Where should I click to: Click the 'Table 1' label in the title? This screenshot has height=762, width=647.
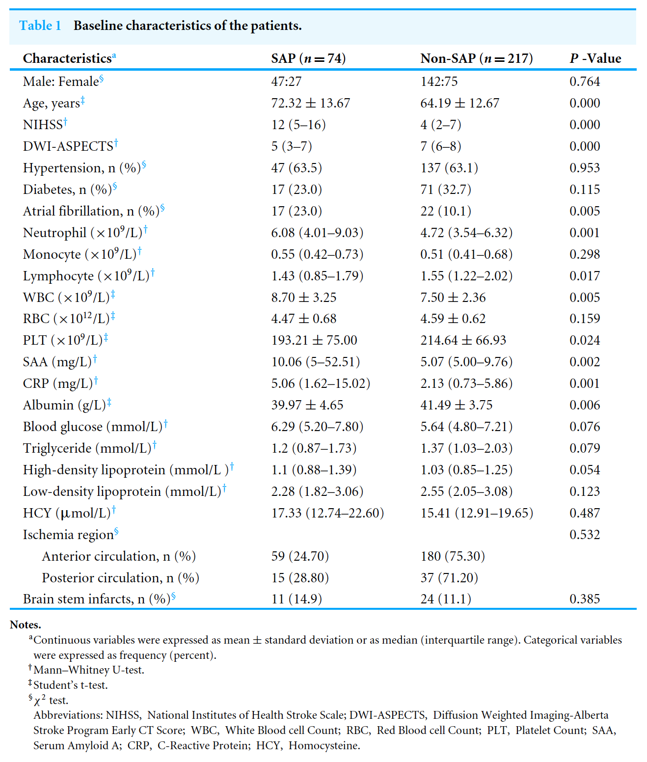point(40,26)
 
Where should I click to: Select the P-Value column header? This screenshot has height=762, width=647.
point(595,58)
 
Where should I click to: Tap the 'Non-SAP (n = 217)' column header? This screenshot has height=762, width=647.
point(476,58)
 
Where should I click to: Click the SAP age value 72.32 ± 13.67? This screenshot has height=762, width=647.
point(310,103)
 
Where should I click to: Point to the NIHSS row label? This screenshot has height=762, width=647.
point(43,125)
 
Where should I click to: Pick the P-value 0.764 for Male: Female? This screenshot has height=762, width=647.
point(585,82)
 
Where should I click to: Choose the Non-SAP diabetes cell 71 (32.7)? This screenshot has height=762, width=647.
point(446,190)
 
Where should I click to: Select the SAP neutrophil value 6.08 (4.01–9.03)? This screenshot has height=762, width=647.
point(317,233)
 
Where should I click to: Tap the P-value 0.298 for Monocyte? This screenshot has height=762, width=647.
point(585,254)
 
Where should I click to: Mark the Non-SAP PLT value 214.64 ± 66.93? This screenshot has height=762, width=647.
point(463,340)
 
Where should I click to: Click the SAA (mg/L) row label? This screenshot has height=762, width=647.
point(57,362)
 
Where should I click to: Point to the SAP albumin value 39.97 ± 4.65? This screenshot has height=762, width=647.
point(307,405)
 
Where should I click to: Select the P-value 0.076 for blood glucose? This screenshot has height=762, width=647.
point(585,427)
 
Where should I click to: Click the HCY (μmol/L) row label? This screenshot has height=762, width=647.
point(67,513)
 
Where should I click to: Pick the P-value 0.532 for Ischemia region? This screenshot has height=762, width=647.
point(585,535)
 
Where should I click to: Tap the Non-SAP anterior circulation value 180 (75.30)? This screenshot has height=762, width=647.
point(453,556)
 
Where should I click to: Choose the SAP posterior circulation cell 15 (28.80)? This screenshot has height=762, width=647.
point(300,578)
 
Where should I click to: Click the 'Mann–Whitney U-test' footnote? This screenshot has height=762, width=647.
point(88,670)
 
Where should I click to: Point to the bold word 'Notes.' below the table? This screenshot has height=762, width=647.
point(26,625)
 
